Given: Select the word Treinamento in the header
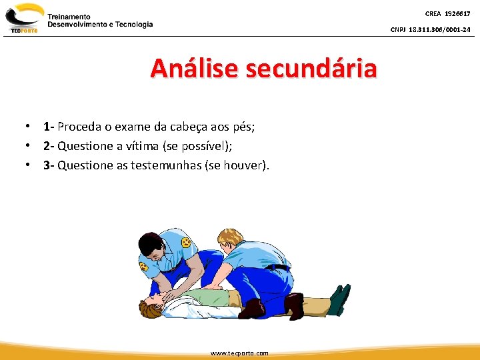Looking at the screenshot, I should (x=69, y=16).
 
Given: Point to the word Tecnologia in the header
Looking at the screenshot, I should (x=133, y=25).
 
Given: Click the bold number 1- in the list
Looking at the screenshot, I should (x=49, y=127).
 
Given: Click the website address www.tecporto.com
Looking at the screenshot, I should (x=239, y=353).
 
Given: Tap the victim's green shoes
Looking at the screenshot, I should (x=339, y=299).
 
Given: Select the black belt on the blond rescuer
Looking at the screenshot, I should (x=279, y=267).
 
